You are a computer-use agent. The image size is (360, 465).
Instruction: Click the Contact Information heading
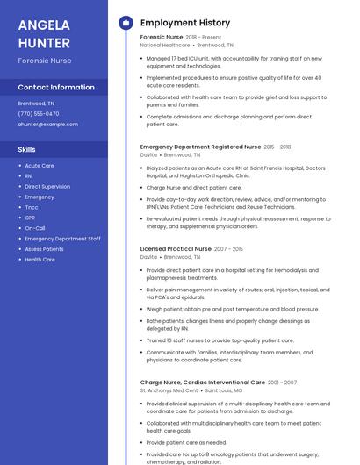(x=56, y=88)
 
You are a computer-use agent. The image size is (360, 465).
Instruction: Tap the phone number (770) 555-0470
(x=39, y=114)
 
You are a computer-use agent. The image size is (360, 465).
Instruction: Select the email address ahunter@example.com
(x=48, y=125)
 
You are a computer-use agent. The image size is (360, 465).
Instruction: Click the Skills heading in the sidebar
(x=26, y=150)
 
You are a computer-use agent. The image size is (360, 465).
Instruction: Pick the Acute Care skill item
(x=40, y=166)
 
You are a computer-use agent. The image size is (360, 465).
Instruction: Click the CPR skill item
(x=30, y=218)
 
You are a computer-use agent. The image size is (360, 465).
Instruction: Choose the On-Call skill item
(x=34, y=228)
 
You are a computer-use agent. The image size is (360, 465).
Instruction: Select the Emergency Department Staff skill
(x=62, y=239)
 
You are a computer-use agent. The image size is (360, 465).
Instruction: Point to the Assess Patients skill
(x=44, y=249)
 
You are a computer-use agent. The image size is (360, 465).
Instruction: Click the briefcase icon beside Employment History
(x=126, y=23)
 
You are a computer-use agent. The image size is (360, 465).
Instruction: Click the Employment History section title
(x=185, y=23)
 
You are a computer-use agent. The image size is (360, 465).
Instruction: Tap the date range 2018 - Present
(x=204, y=38)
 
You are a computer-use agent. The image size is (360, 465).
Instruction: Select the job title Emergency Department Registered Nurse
(x=200, y=147)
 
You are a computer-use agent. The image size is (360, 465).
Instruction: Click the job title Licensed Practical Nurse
(x=176, y=249)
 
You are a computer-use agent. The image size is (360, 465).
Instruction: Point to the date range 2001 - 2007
(x=282, y=383)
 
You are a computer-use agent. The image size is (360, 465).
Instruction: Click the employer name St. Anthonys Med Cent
(x=169, y=390)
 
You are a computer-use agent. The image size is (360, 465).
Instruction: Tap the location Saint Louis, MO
(x=224, y=390)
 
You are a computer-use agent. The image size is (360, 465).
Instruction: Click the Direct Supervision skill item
(x=47, y=187)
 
